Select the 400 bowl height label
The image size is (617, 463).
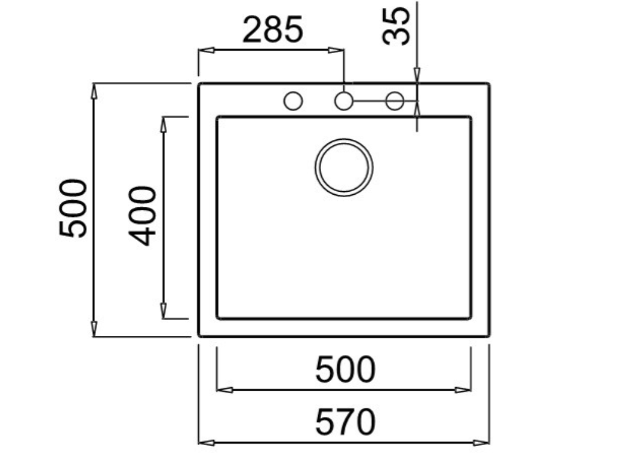(144, 216)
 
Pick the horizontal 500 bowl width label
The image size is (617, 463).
(345, 370)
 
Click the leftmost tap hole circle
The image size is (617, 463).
(293, 101)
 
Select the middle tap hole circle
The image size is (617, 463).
(343, 101)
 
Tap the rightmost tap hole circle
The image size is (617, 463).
(395, 101)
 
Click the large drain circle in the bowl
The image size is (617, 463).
(343, 167)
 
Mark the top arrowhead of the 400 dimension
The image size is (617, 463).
(163, 125)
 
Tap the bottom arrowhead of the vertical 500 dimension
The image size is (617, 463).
(93, 329)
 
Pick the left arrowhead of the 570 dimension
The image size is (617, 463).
(207, 443)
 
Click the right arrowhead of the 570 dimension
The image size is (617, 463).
(481, 443)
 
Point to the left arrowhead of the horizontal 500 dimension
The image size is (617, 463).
(224, 389)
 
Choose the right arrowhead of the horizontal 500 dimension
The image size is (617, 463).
(463, 389)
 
